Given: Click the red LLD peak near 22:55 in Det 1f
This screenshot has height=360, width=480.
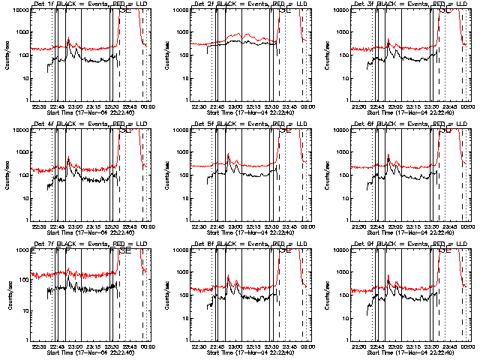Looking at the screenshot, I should point(68,39).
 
